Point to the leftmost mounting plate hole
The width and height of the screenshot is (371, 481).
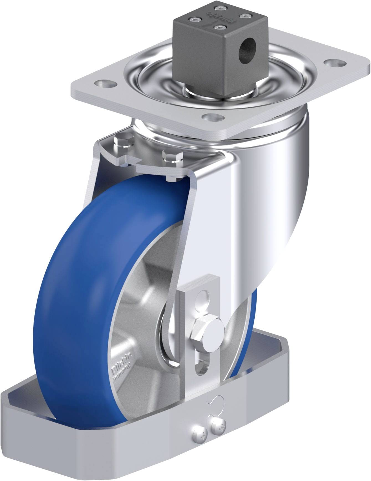[106, 106]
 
